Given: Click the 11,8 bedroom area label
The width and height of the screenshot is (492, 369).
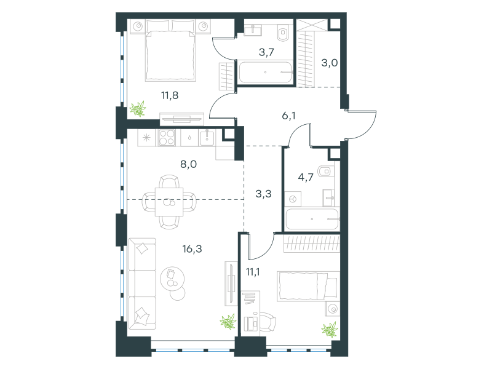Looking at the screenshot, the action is tap(170, 95).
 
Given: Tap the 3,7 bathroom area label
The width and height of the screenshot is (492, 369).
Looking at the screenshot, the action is tap(266, 52).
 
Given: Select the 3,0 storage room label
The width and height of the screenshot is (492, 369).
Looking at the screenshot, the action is tap(330, 63).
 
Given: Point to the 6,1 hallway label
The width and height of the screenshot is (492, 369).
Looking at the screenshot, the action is tap(288, 116).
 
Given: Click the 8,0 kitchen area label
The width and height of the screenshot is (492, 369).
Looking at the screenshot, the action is tap(189, 164).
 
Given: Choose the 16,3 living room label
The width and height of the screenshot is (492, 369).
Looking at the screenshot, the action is tap(192, 249).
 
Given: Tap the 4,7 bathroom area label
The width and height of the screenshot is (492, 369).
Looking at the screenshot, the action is tap(306, 177).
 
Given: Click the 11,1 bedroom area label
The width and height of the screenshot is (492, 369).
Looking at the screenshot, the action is tap(253, 272).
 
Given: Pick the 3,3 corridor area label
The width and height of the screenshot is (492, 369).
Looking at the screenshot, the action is tap(264, 194).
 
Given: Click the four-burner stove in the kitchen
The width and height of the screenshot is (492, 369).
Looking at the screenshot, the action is tap(167, 137).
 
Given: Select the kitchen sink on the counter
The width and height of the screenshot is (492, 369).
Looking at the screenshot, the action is tap(207, 138).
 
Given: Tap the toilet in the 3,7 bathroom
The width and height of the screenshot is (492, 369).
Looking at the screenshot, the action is tap(283, 33).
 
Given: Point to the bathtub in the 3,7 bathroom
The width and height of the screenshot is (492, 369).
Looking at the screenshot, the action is tap(266, 72).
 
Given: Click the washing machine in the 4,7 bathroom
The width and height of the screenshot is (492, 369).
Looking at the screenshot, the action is tap(293, 199).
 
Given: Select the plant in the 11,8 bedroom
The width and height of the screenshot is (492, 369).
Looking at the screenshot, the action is tap(138, 109).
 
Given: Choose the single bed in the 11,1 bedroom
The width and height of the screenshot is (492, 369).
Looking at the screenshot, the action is tap(308, 286).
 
